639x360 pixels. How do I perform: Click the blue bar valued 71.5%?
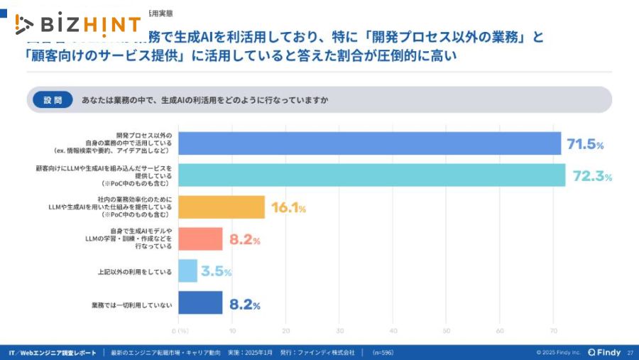coord(369,143)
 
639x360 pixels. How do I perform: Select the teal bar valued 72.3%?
coord(371,175)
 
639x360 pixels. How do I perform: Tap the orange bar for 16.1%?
coord(222,207)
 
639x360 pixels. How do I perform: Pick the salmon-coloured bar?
coord(200,239)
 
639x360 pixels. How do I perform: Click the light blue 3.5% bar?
coord(187,271)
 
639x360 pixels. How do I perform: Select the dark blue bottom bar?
coord(200,303)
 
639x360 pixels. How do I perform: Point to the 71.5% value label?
coord(585,145)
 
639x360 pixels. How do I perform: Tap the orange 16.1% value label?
coord(288,209)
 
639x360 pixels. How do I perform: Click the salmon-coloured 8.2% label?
coord(245,241)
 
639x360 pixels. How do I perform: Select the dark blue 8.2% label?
coord(245,305)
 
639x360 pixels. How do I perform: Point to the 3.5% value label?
coord(216,272)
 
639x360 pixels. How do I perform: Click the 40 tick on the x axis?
coord(393,331)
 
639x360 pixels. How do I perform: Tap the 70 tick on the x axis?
coord(553,331)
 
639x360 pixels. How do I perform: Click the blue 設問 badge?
coord(53,100)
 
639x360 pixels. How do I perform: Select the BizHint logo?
coord(78,25)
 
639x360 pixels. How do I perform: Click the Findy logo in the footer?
coord(604,352)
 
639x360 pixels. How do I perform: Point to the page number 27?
coord(630,352)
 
